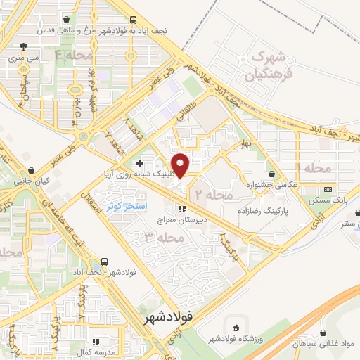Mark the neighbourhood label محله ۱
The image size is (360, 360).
[309, 169]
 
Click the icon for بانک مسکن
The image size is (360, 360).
[328, 190]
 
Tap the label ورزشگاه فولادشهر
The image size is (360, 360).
[235, 339]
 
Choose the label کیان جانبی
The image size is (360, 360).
[30, 181]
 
